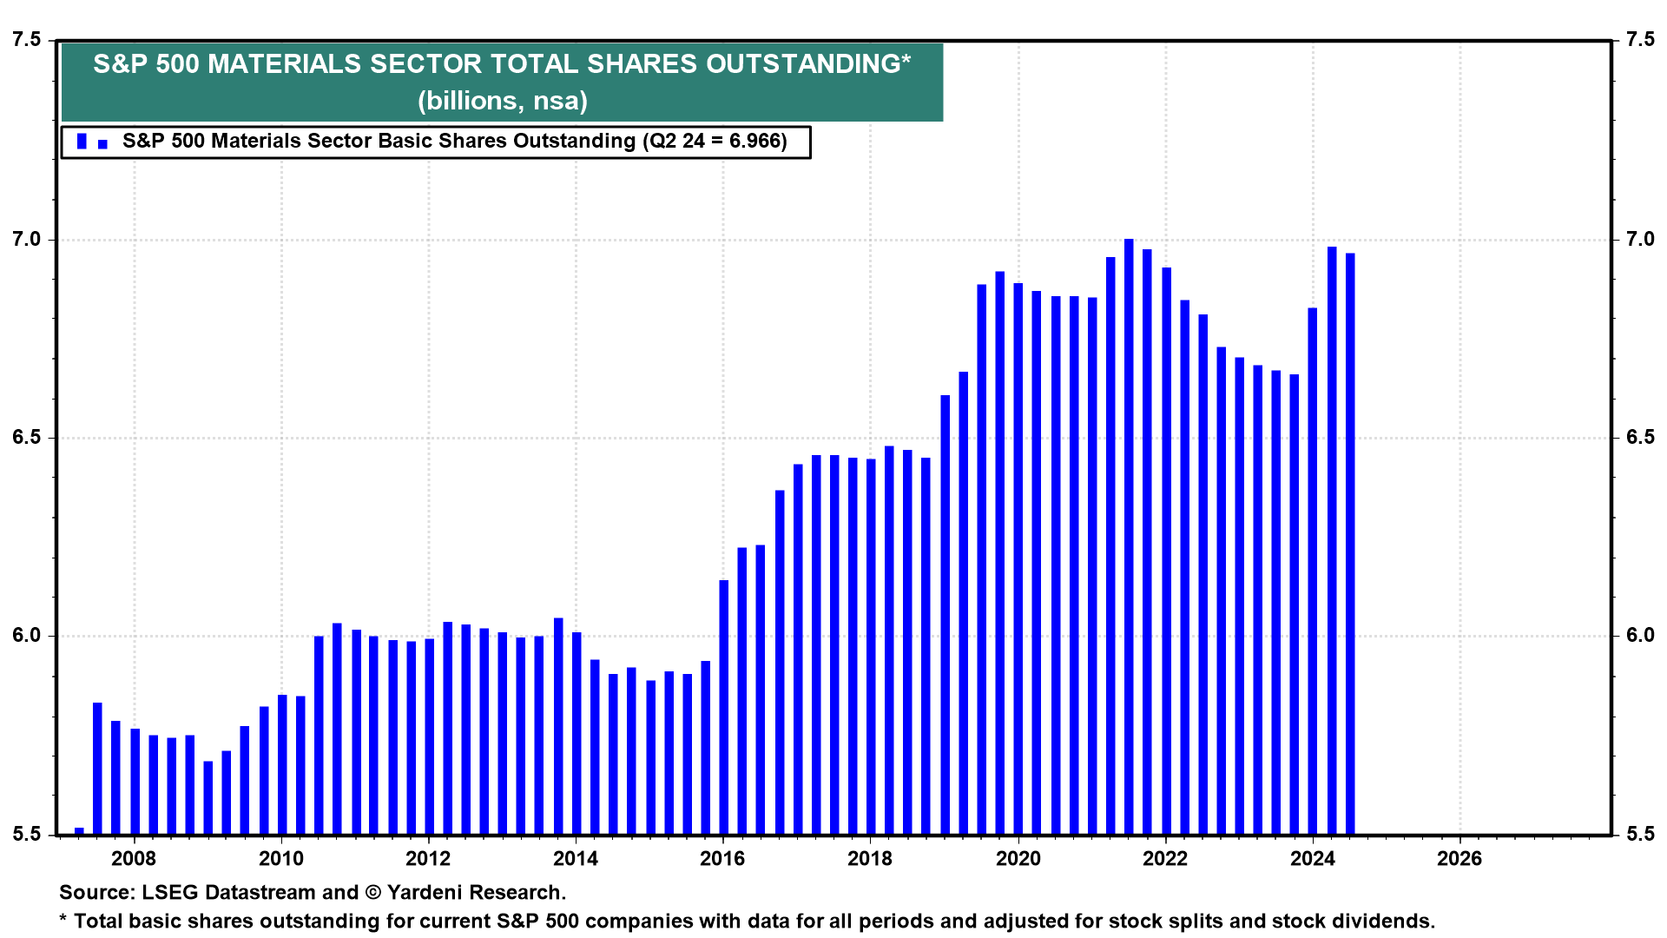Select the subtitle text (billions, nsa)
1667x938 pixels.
pos(502,101)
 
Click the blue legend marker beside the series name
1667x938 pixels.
pos(82,142)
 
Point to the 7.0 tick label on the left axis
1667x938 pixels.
pos(26,239)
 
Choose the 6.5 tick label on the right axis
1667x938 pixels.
pos(1640,437)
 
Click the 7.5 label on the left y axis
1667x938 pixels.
pos(26,40)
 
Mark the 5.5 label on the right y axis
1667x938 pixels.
pos(1640,834)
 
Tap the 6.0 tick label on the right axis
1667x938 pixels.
pos(1640,635)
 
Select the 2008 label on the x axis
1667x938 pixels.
pos(134,859)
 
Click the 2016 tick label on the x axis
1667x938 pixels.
pos(722,859)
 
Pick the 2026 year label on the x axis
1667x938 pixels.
pos(1459,859)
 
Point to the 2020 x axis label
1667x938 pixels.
pos(1018,859)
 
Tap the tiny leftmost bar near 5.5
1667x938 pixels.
pos(79,831)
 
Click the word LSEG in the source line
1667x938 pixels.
pos(170,893)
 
